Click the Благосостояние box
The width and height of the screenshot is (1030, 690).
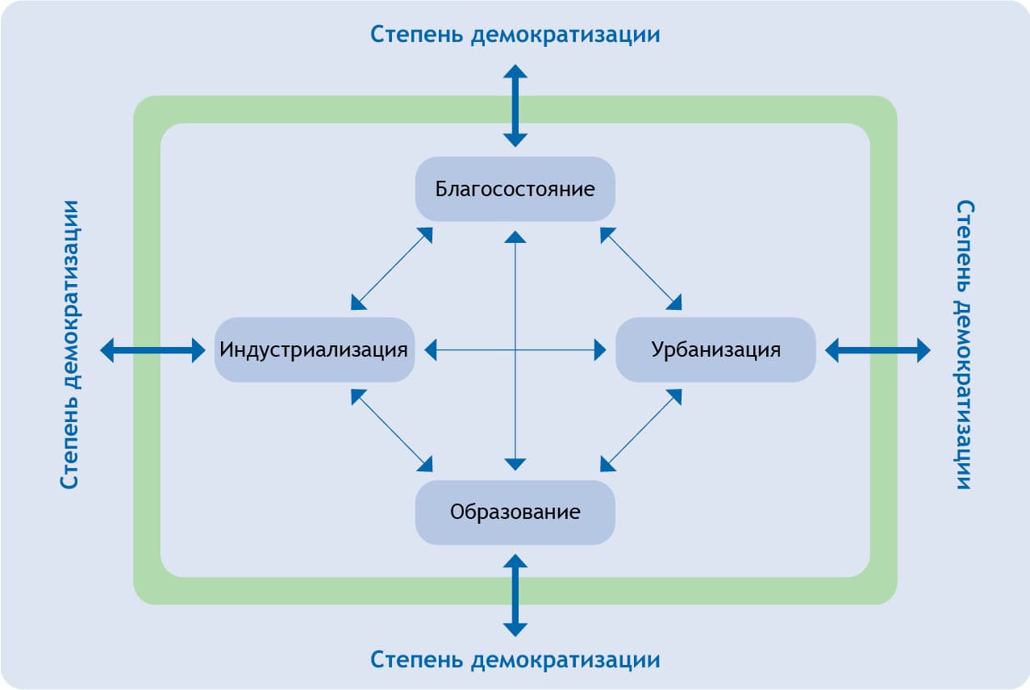[515, 189]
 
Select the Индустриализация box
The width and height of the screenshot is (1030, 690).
[314, 349]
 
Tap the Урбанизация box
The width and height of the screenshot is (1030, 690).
[715, 349]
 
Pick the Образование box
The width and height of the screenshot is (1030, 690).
[515, 512]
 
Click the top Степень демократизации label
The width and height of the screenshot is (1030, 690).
[515, 35]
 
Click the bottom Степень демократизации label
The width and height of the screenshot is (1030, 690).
[515, 659]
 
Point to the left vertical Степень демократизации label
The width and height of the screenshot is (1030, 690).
[70, 345]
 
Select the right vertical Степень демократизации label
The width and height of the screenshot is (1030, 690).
[963, 345]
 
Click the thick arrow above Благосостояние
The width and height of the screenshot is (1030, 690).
[515, 106]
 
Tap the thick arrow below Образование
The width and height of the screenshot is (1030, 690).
[515, 595]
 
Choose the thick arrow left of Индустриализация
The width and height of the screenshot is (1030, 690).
[152, 350]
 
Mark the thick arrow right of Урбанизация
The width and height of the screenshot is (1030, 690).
[878, 350]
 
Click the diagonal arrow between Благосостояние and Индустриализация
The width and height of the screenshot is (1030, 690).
[392, 269]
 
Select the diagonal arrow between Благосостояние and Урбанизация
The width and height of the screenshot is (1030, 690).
[641, 269]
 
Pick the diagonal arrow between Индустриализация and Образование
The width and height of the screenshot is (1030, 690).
[392, 430]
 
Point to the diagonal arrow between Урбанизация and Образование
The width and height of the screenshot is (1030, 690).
[641, 430]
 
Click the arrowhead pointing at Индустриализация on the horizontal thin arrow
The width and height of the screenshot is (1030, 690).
[431, 349]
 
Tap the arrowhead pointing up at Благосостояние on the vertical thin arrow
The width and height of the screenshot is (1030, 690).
[515, 236]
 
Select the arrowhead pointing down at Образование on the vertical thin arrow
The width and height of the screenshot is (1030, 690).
[515, 464]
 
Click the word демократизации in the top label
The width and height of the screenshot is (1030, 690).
[565, 35]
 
